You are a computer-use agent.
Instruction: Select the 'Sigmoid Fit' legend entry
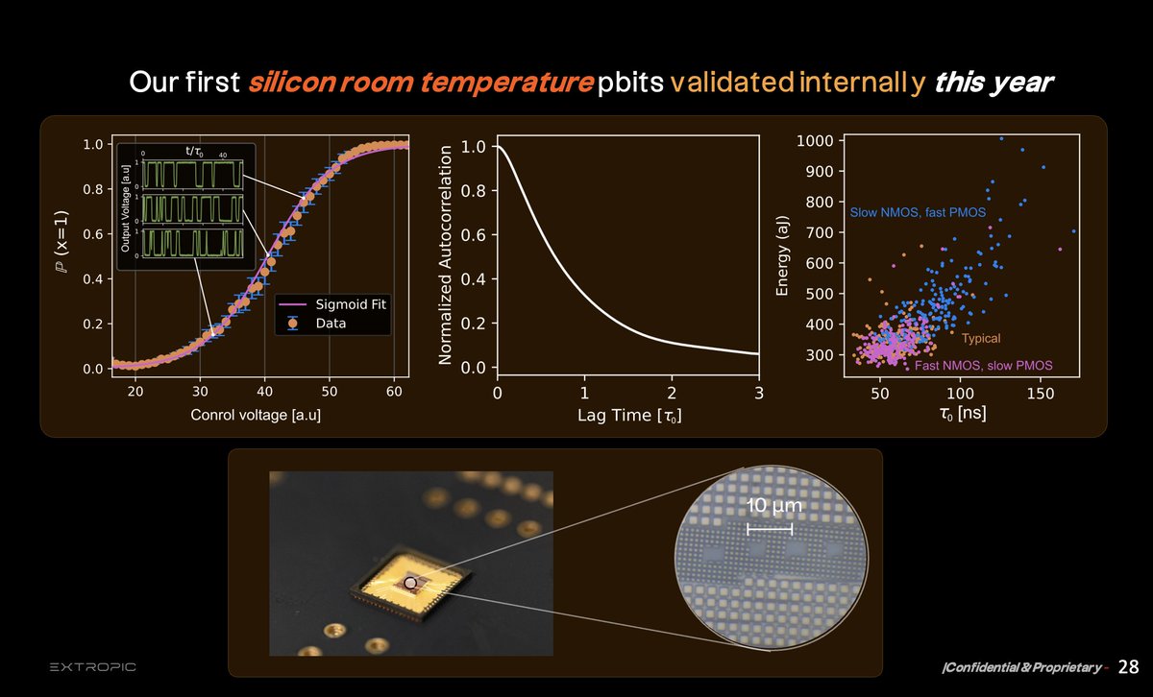pyautogui.click(x=351, y=305)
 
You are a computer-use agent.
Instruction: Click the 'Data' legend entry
pyautogui.click(x=331, y=324)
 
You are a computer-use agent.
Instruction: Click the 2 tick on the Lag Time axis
pyautogui.click(x=672, y=392)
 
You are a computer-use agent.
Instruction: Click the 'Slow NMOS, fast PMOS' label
pyautogui.click(x=917, y=211)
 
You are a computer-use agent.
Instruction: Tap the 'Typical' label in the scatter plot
pyautogui.click(x=981, y=339)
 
